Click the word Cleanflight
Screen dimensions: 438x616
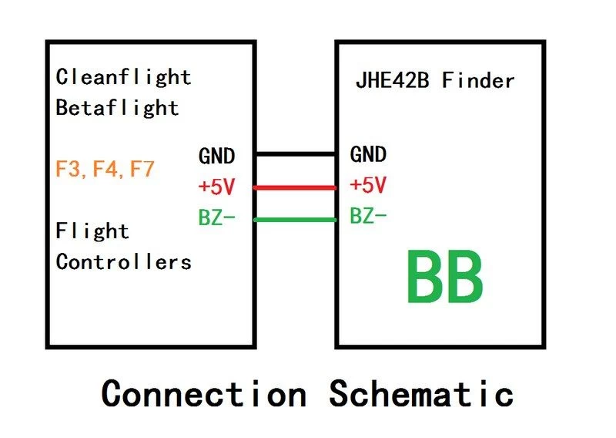coord(123,77)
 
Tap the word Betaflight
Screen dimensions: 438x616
coord(117,107)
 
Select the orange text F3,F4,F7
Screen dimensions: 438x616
coord(105,170)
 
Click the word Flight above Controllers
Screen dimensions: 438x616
coord(92,231)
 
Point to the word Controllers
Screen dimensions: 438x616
coord(123,261)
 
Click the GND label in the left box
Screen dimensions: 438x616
coord(216,156)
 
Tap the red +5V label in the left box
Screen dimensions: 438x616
coord(216,187)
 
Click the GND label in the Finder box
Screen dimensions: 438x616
coord(368,155)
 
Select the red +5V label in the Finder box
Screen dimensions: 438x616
coord(368,186)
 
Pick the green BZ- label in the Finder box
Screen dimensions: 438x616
coord(368,217)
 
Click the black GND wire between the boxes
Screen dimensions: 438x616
coord(295,154)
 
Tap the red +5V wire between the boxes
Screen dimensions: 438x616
coord(295,187)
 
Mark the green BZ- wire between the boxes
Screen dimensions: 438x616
coord(295,221)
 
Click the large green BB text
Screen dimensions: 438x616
coord(445,278)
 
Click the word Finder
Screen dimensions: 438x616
coord(478,80)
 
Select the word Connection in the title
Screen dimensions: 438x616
coord(204,393)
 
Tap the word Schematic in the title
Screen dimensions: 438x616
coord(421,393)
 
